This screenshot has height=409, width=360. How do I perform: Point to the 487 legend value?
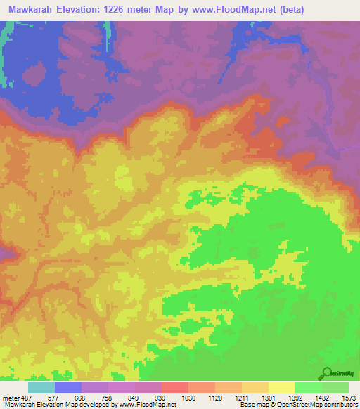click(x=27, y=397)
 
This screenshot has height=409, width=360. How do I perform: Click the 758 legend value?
click(x=108, y=397)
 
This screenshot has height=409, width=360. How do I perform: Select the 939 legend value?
click(x=161, y=397)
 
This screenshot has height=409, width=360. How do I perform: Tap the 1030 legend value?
click(x=188, y=397)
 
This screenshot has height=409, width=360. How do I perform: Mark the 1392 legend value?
click(x=295, y=397)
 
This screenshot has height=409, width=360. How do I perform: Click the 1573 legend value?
click(x=348, y=397)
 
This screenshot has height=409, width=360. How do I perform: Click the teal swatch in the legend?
click(x=41, y=387)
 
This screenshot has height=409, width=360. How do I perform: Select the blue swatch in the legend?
click(x=67, y=387)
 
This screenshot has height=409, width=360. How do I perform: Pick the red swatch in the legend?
click(x=174, y=387)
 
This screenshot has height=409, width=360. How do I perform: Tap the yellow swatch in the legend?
click(x=281, y=387)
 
